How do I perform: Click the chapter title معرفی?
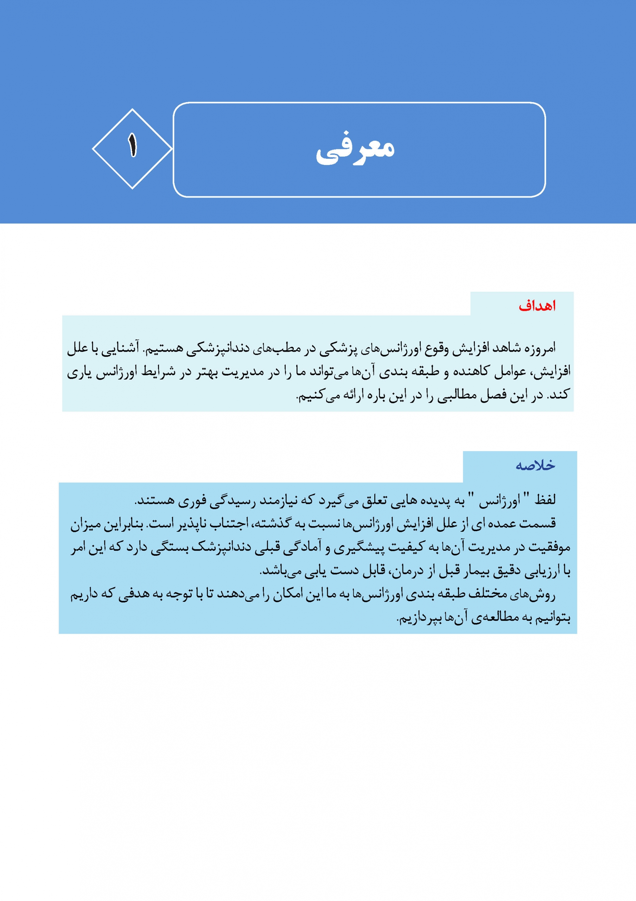coord(355,149)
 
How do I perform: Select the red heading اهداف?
coord(537,306)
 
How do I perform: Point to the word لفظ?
coord(545,500)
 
